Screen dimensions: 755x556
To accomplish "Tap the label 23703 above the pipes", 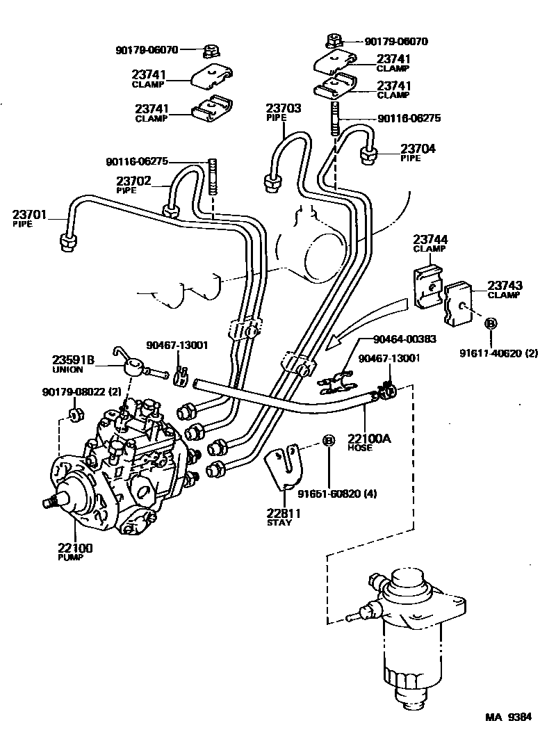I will click(283, 108).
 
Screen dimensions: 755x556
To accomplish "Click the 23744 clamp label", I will click(431, 240).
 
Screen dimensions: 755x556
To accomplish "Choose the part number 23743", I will click(505, 286).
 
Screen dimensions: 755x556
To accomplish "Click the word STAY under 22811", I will click(279, 523).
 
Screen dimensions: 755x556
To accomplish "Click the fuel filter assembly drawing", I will click(410, 633).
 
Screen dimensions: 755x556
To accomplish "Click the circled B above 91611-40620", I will click(491, 323).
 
